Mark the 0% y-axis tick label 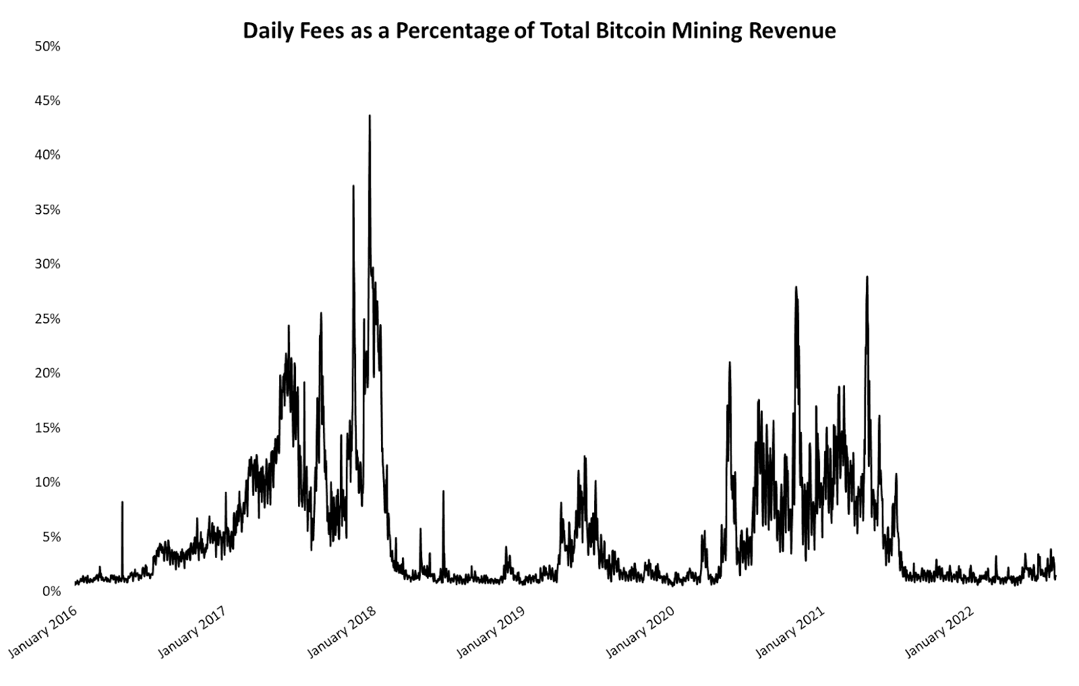51,591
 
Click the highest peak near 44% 370,117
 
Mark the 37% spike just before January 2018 353,187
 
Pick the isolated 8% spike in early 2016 122,503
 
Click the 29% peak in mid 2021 867,278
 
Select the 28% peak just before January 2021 796,288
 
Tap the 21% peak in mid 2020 729,363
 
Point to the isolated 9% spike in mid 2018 443,492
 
